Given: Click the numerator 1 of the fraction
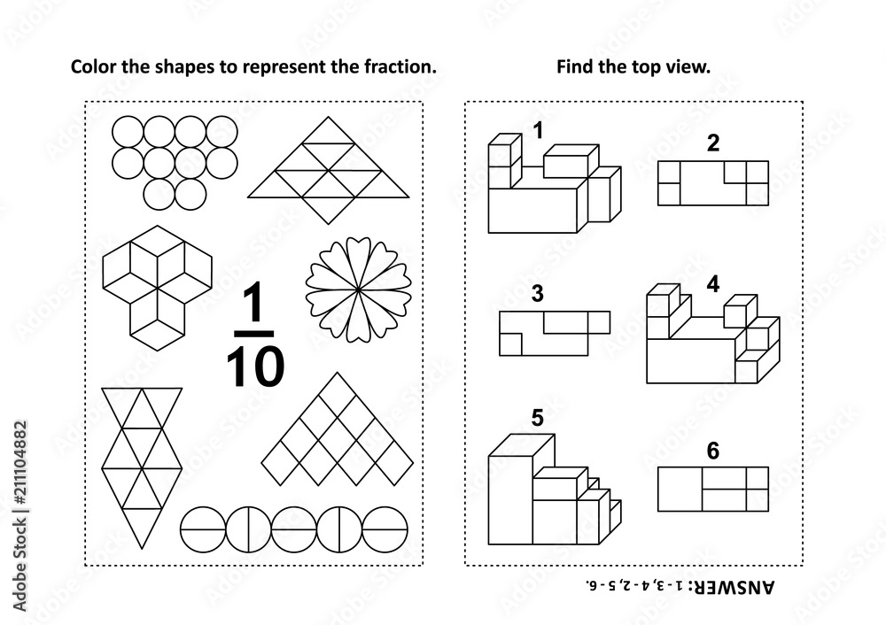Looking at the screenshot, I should (x=254, y=306).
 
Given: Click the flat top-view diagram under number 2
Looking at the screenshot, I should (x=712, y=182).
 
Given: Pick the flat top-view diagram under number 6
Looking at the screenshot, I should (x=712, y=489).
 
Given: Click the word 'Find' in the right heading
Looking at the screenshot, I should (x=573, y=66).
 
